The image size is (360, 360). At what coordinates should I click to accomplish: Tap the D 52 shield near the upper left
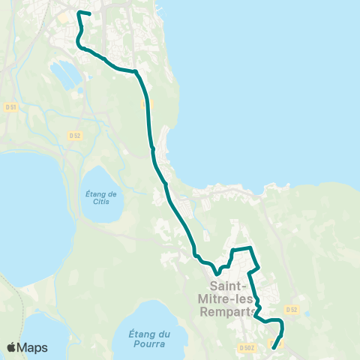pos(74,136)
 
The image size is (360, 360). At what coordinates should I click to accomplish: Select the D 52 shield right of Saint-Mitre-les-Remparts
pos(292,309)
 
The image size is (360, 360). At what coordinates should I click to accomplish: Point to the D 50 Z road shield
pos(247,347)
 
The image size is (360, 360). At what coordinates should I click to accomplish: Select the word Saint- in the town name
pos(229,286)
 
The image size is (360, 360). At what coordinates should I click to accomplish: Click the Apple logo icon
pos(11,347)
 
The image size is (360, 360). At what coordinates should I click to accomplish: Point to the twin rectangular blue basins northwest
pos(65,73)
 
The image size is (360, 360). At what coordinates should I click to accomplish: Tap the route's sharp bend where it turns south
pos(137,73)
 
